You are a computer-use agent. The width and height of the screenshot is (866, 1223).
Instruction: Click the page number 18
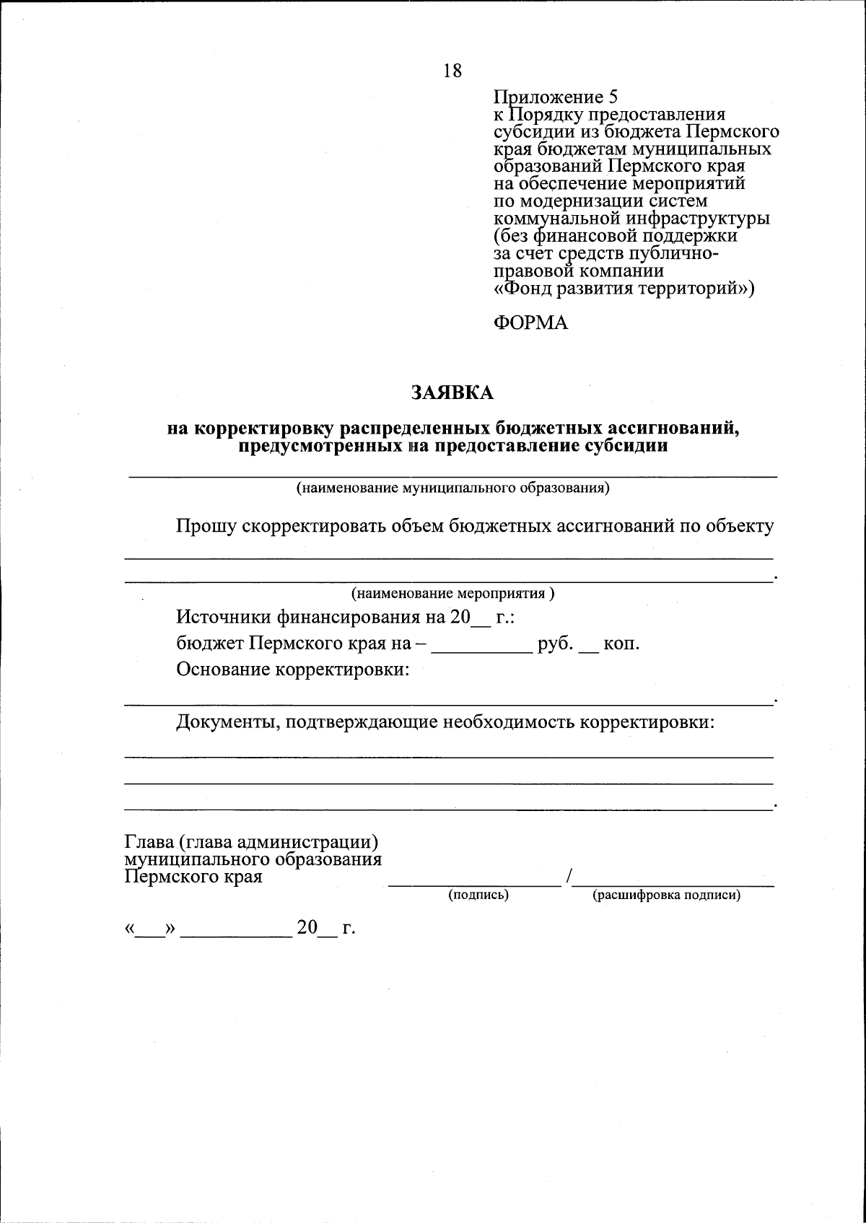[452, 71]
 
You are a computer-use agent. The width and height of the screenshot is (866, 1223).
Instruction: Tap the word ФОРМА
[530, 323]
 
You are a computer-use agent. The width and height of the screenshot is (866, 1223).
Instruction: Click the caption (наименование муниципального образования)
[453, 488]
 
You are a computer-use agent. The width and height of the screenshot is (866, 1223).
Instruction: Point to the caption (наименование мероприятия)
[452, 594]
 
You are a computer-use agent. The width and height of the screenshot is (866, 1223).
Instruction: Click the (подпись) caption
[478, 895]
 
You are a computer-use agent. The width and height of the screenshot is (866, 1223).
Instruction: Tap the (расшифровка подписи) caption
[666, 895]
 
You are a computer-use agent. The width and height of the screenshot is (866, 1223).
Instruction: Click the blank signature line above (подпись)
[475, 882]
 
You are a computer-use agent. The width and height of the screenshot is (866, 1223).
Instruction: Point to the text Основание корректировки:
[293, 670]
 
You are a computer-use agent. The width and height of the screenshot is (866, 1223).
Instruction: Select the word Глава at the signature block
[150, 842]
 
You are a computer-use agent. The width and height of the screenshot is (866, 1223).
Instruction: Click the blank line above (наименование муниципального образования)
[453, 474]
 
